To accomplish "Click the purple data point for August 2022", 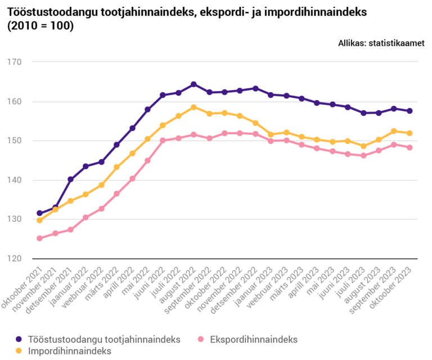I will coord(193,84).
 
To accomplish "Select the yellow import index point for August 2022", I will coord(193,107).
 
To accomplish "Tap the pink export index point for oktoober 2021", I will coord(39,238).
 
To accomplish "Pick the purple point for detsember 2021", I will coord(70,179).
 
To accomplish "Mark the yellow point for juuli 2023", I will coord(363,146).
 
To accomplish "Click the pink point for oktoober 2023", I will coord(409,148).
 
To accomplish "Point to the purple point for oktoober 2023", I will coord(409,111).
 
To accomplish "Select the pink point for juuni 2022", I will coord(163,141).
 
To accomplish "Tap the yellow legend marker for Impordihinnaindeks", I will coord(19,350).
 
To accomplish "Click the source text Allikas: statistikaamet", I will coord(381,43).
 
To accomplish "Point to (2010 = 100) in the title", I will coord(40,25).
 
